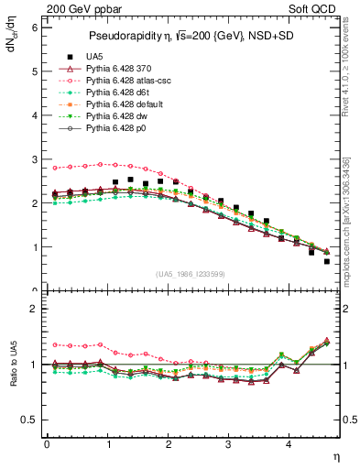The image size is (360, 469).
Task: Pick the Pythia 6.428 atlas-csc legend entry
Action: [129, 81]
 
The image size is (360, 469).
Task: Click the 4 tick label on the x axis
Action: [289, 444]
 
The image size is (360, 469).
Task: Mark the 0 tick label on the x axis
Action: [47, 444]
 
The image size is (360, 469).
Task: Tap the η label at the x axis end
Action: [338, 455]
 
